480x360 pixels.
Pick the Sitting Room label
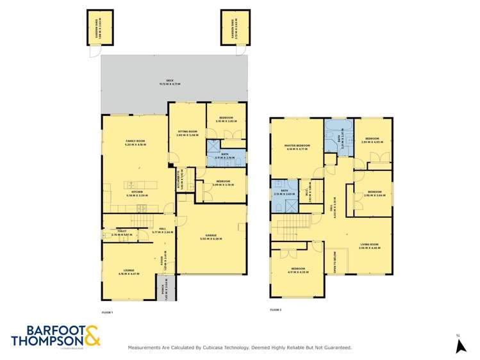187,133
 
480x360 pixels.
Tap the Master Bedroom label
297,147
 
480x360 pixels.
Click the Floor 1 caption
107,312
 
